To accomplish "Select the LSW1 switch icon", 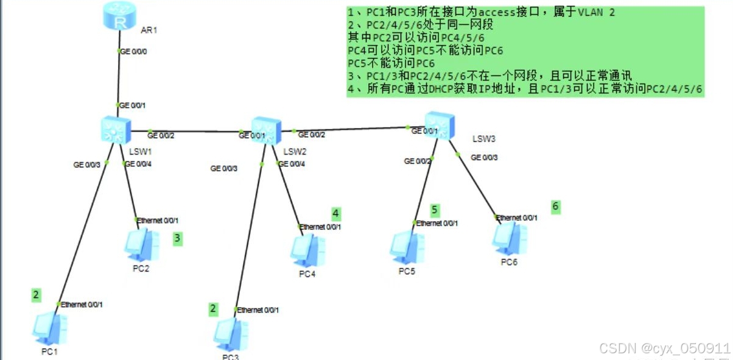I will [x=114, y=129].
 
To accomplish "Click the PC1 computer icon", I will [x=50, y=329].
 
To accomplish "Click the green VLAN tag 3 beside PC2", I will [x=177, y=238].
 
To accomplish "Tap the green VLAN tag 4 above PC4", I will [x=335, y=213].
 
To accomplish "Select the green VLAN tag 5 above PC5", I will [x=435, y=210].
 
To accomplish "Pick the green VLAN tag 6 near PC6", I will [x=555, y=206].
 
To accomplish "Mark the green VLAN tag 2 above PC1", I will [x=37, y=295].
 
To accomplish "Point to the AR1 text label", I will [x=149, y=29].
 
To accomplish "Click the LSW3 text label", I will [x=484, y=139].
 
